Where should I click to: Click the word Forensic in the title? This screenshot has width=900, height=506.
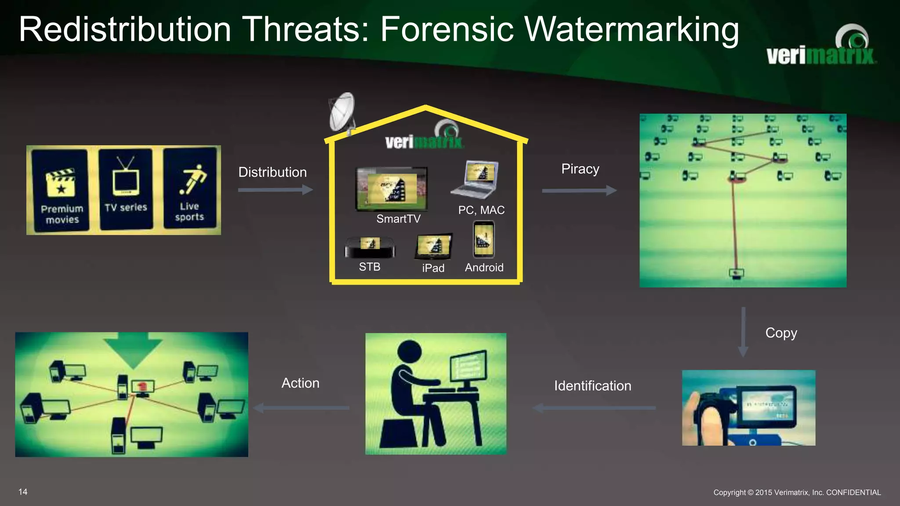446,30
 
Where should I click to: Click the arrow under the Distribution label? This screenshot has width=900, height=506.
275,190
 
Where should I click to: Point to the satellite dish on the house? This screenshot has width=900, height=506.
342,112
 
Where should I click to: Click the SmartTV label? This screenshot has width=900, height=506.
398,219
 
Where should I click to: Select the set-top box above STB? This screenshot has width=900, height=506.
370,247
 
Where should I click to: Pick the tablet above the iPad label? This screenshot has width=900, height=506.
433,246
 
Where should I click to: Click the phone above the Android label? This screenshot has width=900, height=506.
483,240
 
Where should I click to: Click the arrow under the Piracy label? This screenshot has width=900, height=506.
579,191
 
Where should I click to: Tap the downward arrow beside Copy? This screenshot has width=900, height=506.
743,332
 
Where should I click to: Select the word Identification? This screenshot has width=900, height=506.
592,386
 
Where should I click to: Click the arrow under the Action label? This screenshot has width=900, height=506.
301,408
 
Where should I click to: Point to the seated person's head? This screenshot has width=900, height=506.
409,353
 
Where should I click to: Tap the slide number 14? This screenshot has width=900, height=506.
23,492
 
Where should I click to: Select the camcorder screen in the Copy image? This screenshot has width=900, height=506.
766,407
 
